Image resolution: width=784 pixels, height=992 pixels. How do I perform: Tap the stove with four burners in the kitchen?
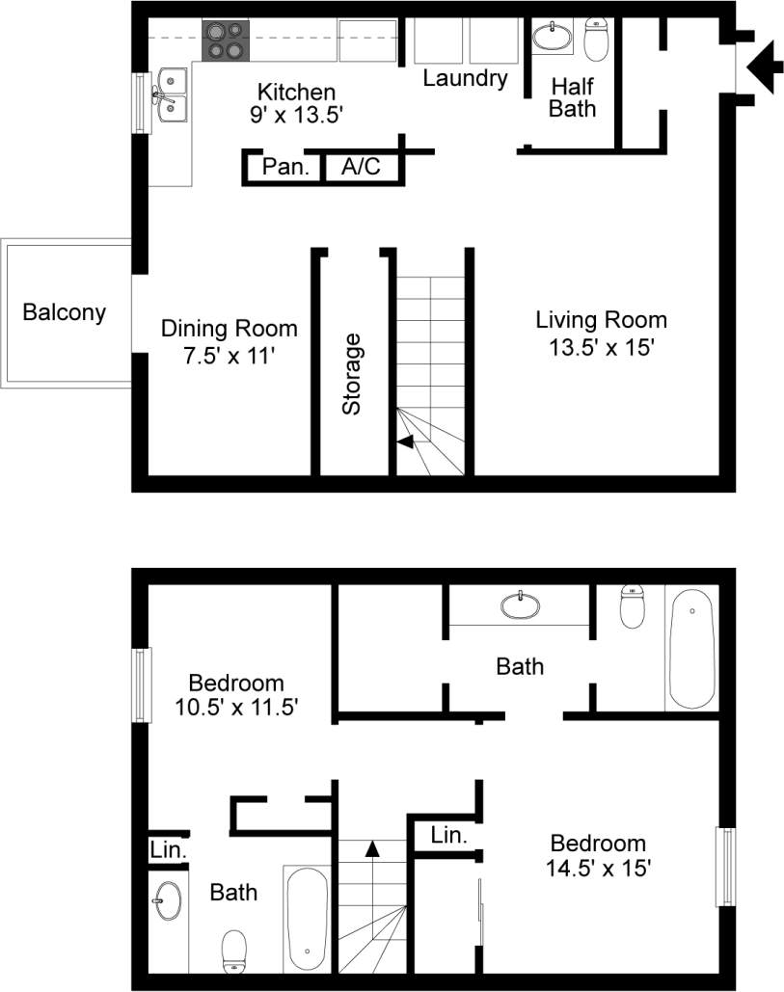(226, 40)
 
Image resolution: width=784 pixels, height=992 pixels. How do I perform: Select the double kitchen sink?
(173, 97)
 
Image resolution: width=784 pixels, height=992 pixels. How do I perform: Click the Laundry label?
(465, 78)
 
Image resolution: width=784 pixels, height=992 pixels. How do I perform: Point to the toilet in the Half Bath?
(597, 39)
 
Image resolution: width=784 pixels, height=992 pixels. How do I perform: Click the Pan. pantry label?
(285, 167)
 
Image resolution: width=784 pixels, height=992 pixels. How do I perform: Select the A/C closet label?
(361, 167)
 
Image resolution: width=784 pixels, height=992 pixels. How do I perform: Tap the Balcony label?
(65, 312)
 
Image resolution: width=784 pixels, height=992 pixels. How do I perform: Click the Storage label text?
(352, 374)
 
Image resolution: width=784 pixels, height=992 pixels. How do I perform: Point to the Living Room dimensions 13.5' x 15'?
(602, 347)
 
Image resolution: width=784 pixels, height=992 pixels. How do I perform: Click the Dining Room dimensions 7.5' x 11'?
(229, 356)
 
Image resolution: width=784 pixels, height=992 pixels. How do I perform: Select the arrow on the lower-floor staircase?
(406, 442)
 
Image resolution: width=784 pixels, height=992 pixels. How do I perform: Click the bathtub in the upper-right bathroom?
(691, 649)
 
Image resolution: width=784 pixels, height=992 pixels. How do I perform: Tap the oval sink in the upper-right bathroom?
(521, 605)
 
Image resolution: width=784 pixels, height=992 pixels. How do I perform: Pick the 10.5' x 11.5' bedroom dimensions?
(236, 708)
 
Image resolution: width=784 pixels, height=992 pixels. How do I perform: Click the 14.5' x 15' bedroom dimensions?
(597, 868)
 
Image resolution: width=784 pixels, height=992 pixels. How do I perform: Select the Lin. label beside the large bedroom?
(449, 835)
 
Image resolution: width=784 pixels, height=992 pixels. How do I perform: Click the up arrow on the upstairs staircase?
(372, 848)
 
